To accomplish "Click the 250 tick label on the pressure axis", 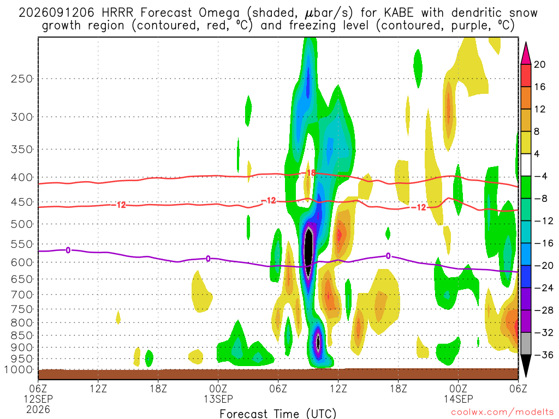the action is [21, 79].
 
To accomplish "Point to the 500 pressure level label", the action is [21, 224].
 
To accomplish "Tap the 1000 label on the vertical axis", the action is [18, 370].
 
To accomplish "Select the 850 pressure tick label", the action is [21, 336].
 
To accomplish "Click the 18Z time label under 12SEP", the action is [158, 388].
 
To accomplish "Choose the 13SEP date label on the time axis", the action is [218, 399].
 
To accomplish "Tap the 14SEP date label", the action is [458, 399].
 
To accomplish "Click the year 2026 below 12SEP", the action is [38, 409].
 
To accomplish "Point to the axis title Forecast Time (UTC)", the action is [278, 414].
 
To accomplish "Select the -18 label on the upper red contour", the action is [310, 173].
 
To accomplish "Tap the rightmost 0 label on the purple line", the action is [388, 256].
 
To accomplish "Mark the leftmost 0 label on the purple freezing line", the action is [68, 250].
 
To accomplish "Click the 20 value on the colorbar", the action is [540, 64].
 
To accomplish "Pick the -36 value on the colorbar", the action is [543, 355].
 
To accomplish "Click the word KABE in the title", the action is [399, 13].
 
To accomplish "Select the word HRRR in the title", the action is [117, 13].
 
